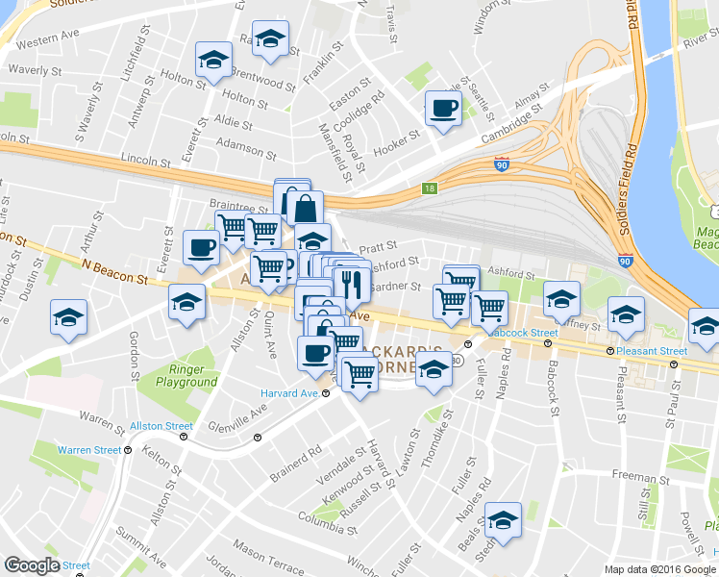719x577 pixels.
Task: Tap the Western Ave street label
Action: click(x=48, y=42)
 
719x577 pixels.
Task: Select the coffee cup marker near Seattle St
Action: click(x=443, y=109)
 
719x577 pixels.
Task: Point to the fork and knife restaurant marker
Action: click(x=351, y=284)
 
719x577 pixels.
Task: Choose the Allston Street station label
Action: click(x=161, y=425)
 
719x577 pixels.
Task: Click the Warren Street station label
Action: click(x=88, y=449)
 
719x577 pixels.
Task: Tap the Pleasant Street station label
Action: click(x=654, y=351)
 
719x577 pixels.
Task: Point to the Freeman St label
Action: click(x=633, y=477)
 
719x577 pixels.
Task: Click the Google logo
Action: click(x=32, y=565)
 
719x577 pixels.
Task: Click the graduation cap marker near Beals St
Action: click(x=503, y=520)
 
